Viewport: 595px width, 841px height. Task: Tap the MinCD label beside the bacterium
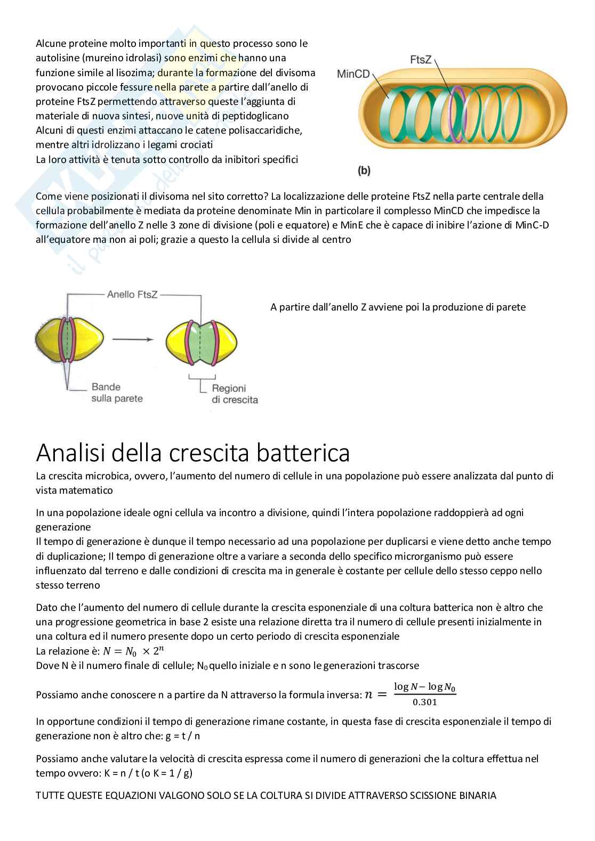click(x=353, y=74)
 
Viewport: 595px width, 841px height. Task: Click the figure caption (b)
click(x=364, y=171)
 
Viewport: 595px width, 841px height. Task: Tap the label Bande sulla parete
click(x=113, y=393)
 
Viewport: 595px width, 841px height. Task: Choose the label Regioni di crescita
click(x=235, y=394)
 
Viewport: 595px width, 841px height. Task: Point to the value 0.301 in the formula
click(x=425, y=702)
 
